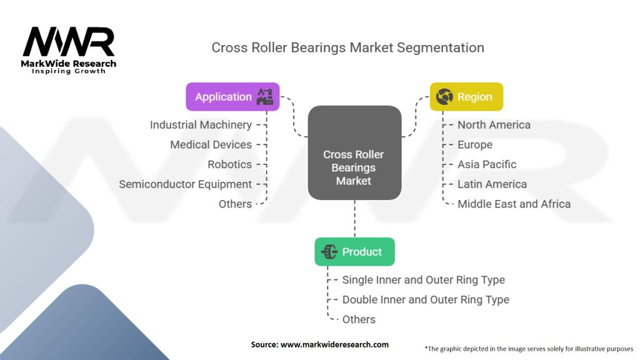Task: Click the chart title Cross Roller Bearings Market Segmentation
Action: tap(347, 47)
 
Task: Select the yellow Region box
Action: tap(466, 97)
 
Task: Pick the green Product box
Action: tap(354, 252)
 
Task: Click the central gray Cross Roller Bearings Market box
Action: tap(354, 167)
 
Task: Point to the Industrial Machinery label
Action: tap(201, 125)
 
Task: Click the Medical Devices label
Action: tap(211, 144)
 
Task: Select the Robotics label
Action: tap(229, 164)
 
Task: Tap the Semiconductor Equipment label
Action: tap(185, 184)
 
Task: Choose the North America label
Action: tap(494, 125)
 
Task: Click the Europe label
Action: tap(475, 144)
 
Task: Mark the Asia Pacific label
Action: tap(487, 164)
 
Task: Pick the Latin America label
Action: tap(492, 184)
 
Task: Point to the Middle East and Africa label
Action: tap(514, 204)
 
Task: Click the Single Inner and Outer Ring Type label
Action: tap(423, 280)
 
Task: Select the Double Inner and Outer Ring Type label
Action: tap(426, 300)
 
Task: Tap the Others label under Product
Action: tap(359, 319)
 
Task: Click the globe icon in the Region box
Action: tap(444, 97)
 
